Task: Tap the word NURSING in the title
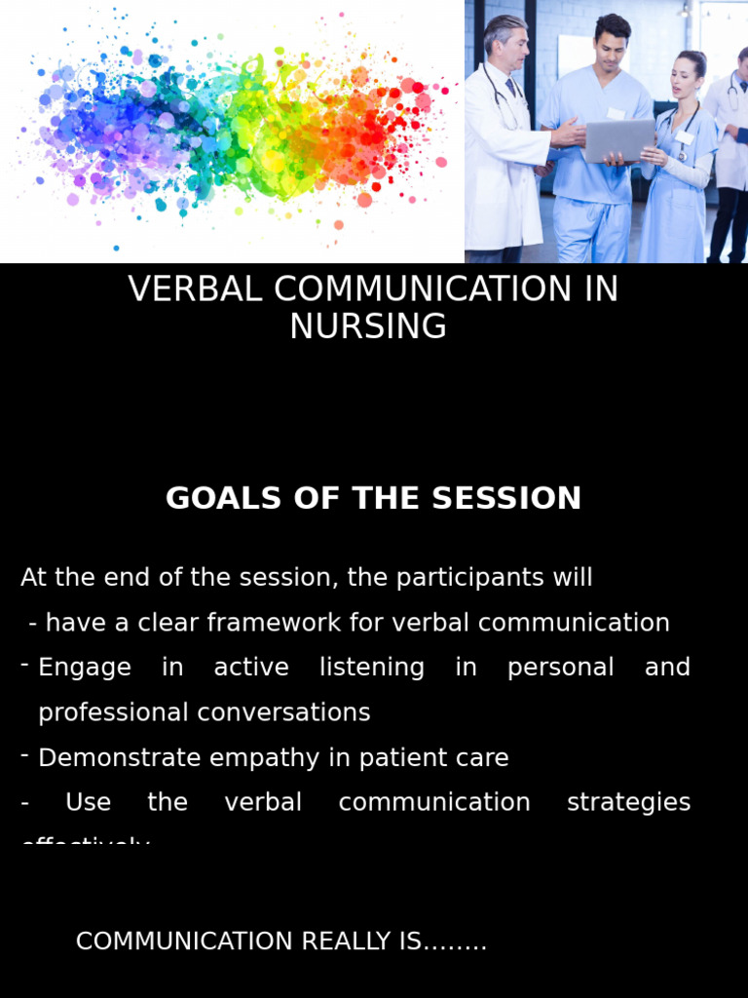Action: point(368,327)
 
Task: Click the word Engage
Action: point(85,668)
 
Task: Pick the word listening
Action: point(372,669)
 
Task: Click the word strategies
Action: point(628,802)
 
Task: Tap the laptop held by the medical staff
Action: point(618,140)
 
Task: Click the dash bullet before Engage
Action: point(24,665)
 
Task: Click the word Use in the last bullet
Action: point(88,802)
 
